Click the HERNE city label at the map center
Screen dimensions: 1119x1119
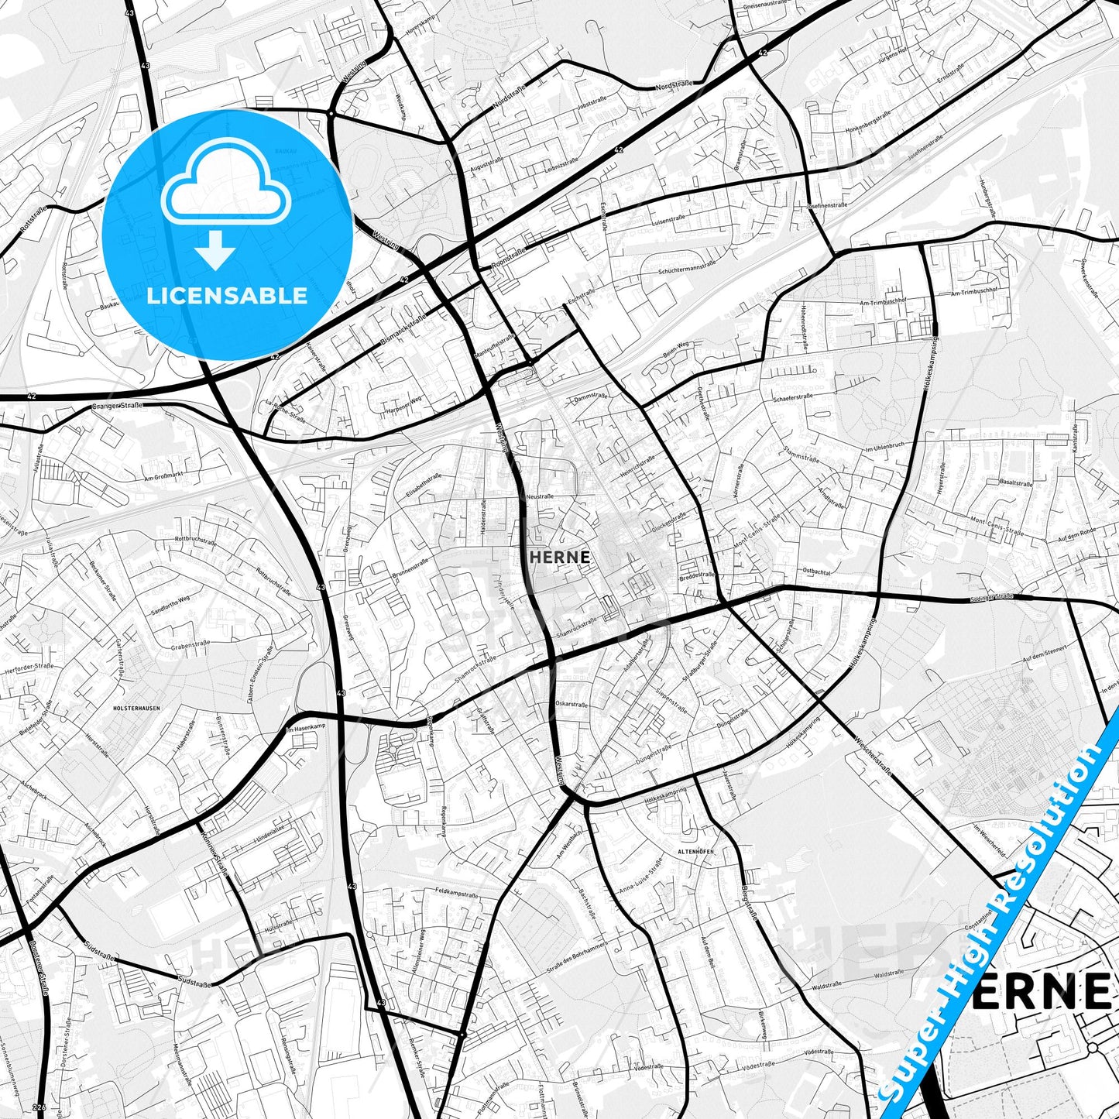click(560, 557)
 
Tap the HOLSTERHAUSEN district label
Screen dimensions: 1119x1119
click(136, 708)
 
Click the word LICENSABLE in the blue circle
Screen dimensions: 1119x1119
click(227, 295)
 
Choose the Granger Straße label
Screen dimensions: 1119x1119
click(118, 405)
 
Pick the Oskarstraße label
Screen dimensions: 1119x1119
click(572, 705)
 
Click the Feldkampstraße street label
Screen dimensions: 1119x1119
click(457, 893)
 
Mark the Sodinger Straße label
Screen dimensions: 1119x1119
click(991, 597)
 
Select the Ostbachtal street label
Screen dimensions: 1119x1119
click(817, 572)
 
